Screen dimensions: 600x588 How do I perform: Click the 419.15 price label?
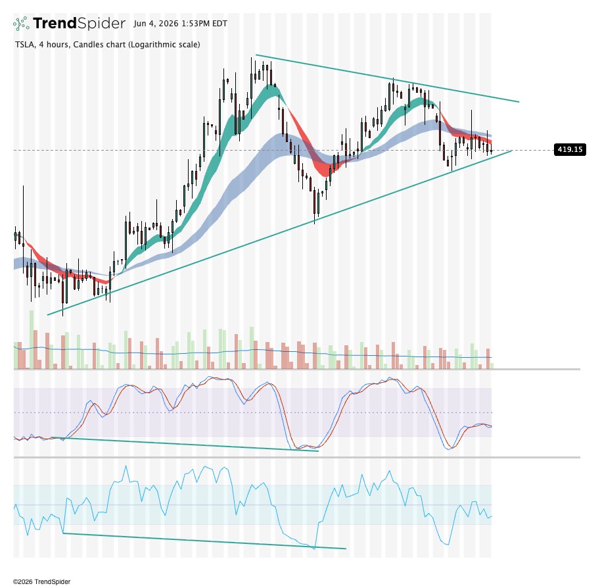570,149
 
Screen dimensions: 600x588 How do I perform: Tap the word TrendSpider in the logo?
80,24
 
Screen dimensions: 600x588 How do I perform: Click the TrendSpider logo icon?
21,24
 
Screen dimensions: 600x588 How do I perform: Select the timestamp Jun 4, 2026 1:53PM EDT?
180,24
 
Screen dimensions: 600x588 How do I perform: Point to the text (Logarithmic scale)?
164,45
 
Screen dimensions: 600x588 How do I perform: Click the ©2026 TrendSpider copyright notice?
41,581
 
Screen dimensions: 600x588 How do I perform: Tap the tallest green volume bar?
32,340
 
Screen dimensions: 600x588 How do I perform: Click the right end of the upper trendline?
519,102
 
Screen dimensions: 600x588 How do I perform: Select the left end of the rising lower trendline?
47,315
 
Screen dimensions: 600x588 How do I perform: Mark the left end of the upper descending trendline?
256,55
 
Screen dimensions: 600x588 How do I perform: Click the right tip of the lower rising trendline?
511,151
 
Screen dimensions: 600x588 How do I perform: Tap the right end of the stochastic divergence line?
318,451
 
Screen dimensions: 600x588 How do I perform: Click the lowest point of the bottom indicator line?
315,549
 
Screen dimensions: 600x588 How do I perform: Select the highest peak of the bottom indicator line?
126,466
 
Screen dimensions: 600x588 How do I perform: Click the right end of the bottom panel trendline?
346,549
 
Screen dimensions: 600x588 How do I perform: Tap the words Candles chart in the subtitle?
99,45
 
